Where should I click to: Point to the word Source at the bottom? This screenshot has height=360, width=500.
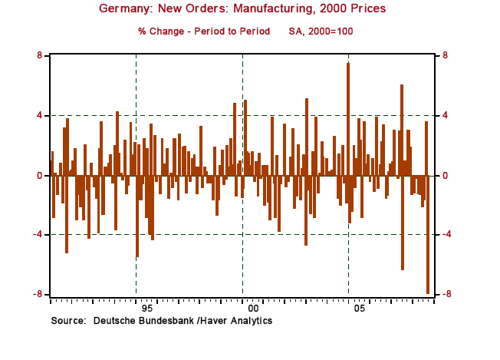pos(67,319)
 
